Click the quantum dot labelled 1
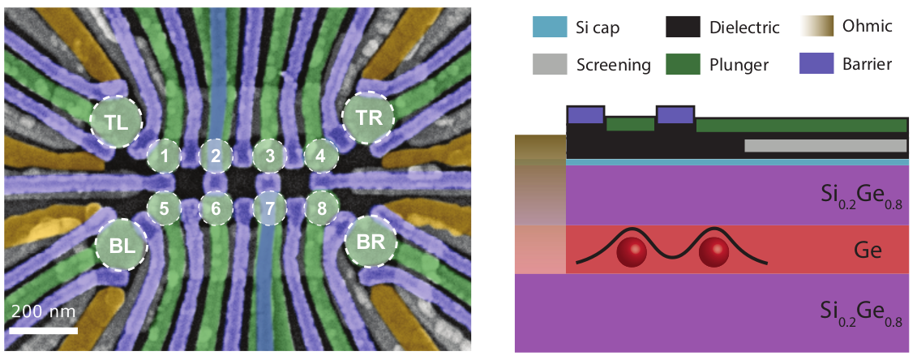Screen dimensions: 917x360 pos(164,156)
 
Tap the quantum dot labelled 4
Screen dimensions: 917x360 pos(321,155)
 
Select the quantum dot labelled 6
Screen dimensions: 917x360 pos(216,208)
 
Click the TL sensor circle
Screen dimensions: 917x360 pos(115,122)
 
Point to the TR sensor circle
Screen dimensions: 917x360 pos(368,117)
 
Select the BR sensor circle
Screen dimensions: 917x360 pos(371,242)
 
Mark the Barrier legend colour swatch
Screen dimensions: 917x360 pos(821,64)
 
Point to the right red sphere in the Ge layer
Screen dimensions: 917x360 pos(714,251)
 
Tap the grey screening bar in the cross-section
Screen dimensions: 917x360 pos(825,145)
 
